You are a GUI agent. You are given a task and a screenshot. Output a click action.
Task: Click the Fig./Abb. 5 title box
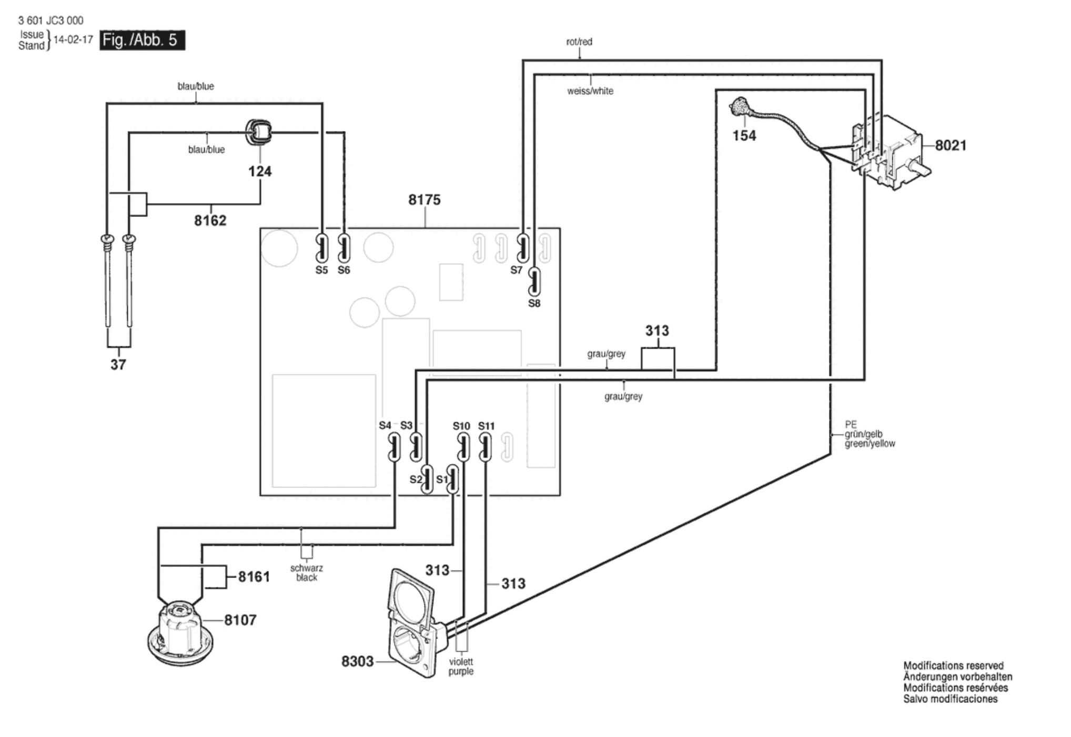click(142, 40)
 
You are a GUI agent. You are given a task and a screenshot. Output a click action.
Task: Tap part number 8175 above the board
click(425, 200)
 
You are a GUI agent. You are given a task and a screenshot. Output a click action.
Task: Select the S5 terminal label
click(321, 270)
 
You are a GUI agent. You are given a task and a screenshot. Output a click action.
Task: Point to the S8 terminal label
click(534, 303)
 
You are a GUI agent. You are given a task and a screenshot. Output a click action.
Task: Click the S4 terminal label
click(385, 425)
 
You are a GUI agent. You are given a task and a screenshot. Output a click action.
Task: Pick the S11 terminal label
click(487, 426)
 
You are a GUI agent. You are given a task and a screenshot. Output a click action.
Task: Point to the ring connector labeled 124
click(258, 132)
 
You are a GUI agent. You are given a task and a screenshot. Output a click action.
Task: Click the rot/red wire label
click(579, 42)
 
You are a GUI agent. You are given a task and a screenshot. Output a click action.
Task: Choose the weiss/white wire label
click(590, 91)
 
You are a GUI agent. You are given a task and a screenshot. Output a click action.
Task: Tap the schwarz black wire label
click(307, 573)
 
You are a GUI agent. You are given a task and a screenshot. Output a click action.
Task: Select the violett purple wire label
click(461, 666)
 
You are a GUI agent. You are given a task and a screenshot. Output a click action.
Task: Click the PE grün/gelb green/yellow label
click(870, 434)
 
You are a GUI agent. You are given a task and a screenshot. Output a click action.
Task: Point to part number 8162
click(210, 220)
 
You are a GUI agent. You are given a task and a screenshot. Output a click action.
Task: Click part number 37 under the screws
click(118, 364)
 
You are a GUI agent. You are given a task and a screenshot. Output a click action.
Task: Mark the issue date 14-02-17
click(73, 39)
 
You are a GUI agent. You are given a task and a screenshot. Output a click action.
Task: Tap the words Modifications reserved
click(953, 665)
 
